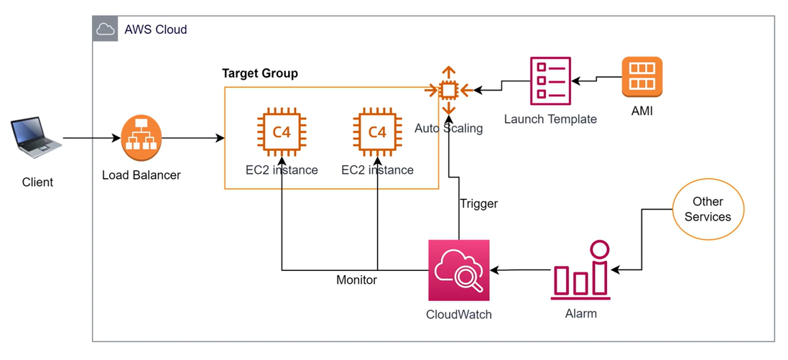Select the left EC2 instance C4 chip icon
(x=281, y=131)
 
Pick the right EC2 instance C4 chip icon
(x=376, y=131)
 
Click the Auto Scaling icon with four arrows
(x=448, y=90)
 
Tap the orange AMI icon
(x=641, y=77)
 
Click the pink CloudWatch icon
(x=458, y=270)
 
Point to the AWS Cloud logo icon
(x=105, y=29)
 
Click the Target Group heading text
(x=259, y=73)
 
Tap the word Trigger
(x=478, y=203)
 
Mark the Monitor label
(x=356, y=280)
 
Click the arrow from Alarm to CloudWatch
(x=521, y=270)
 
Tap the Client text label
(x=37, y=182)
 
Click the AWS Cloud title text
(x=156, y=29)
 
